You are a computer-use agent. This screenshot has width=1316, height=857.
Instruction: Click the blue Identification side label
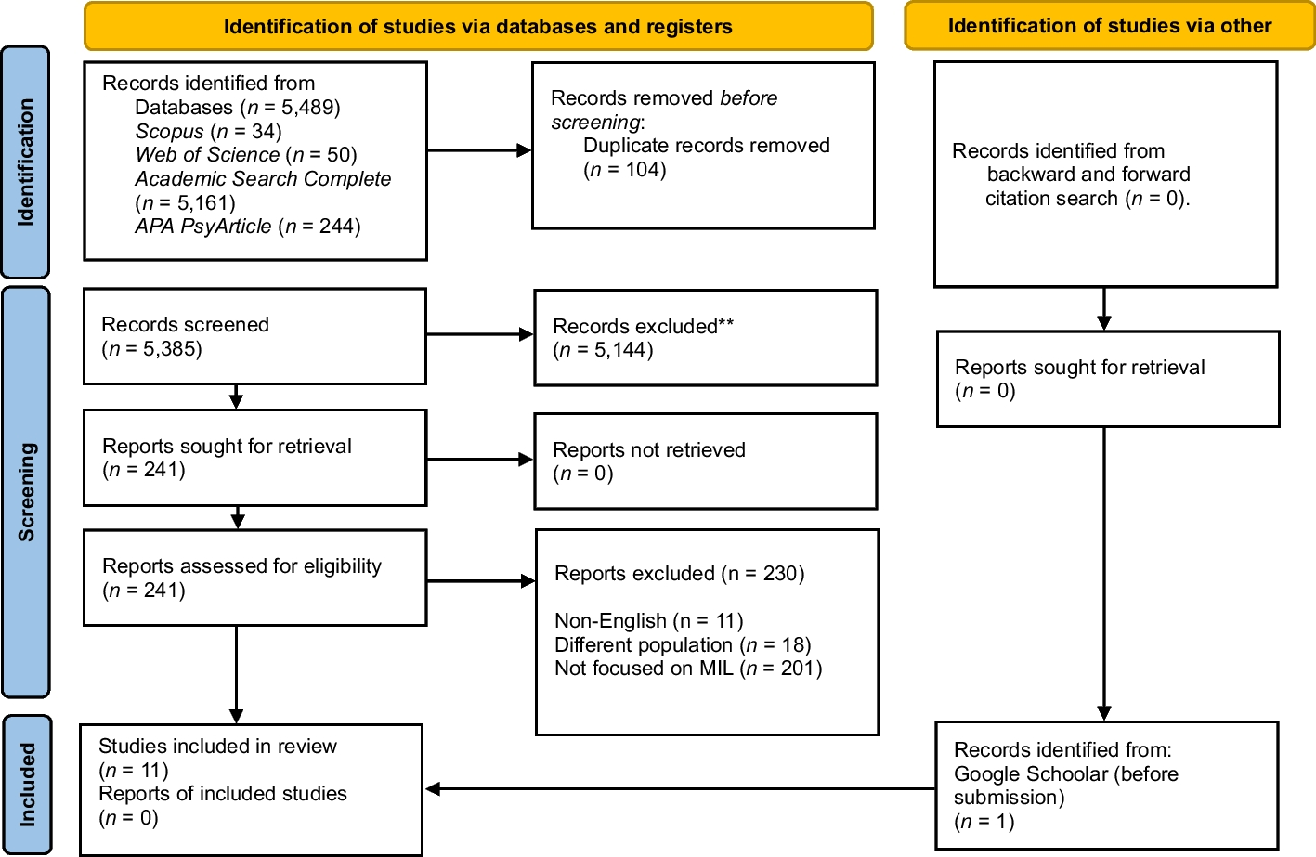[x=25, y=162]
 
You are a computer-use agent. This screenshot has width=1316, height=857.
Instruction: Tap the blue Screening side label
[x=26, y=492]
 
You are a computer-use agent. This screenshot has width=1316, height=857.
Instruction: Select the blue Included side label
[x=27, y=785]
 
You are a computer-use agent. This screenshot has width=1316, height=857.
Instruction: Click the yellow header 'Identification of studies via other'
[x=1109, y=26]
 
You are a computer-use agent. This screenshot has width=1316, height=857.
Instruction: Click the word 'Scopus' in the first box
[x=169, y=132]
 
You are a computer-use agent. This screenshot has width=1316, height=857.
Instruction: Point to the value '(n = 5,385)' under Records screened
[x=151, y=349]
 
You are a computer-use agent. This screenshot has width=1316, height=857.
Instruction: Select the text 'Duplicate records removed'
[x=706, y=146]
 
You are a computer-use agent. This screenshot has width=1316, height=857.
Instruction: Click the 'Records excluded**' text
[x=643, y=327]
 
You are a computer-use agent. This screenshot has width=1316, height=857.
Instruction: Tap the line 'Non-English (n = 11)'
[x=648, y=621]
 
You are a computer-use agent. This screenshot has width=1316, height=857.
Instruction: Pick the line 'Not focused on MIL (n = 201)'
[x=687, y=669]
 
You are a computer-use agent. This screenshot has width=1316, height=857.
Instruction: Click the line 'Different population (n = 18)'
[x=682, y=645]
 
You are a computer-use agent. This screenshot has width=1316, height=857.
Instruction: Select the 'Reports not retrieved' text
[x=648, y=450]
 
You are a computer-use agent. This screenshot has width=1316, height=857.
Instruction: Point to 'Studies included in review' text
[x=217, y=747]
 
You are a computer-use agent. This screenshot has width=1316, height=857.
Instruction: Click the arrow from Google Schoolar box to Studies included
[x=678, y=789]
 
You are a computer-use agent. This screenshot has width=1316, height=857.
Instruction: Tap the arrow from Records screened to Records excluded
[x=479, y=334]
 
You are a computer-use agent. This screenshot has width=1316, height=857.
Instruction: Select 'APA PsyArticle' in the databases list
[x=203, y=227]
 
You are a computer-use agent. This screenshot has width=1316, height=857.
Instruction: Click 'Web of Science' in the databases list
[x=207, y=155]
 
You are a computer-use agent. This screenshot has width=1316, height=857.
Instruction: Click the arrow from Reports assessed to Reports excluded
[x=480, y=581]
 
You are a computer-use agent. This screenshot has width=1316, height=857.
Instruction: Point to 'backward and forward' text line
[x=1088, y=175]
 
